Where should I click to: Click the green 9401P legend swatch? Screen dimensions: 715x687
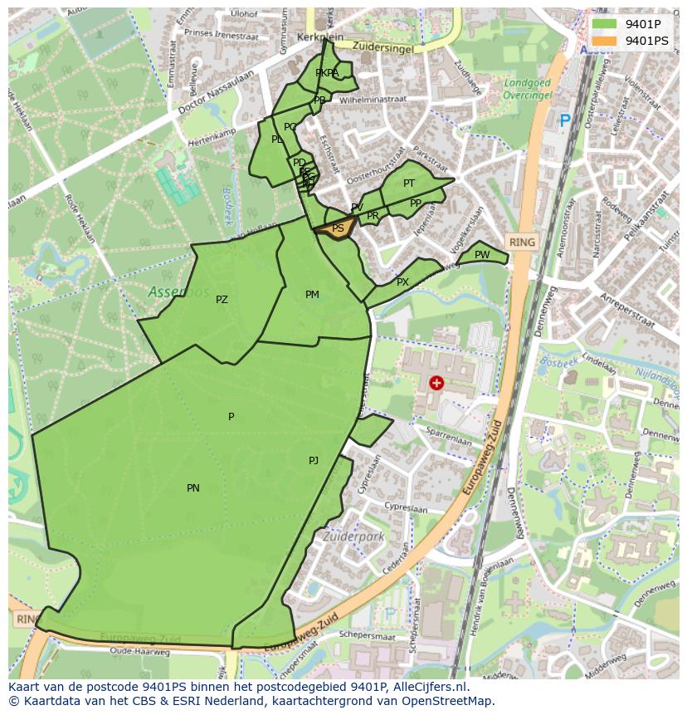(604, 24)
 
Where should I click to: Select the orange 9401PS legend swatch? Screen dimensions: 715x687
(604, 41)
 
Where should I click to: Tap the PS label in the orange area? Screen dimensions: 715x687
(338, 228)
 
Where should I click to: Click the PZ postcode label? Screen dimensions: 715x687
(222, 300)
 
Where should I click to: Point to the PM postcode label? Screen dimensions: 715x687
(312, 295)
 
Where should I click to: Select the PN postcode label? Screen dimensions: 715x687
(192, 488)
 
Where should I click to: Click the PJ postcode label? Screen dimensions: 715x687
(314, 461)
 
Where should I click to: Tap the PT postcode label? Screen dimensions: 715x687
(409, 184)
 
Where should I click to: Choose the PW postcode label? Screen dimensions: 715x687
(482, 255)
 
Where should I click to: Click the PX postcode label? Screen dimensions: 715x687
(402, 282)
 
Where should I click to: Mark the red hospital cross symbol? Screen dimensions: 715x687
(436, 383)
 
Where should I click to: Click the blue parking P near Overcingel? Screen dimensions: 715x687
(565, 121)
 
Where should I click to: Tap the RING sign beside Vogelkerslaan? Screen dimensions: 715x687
(523, 242)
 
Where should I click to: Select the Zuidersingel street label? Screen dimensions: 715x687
(382, 47)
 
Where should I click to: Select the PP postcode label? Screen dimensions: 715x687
(416, 203)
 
